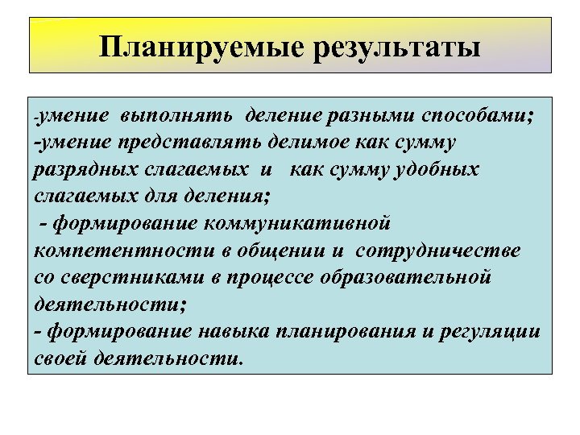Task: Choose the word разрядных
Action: [x=81, y=169]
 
